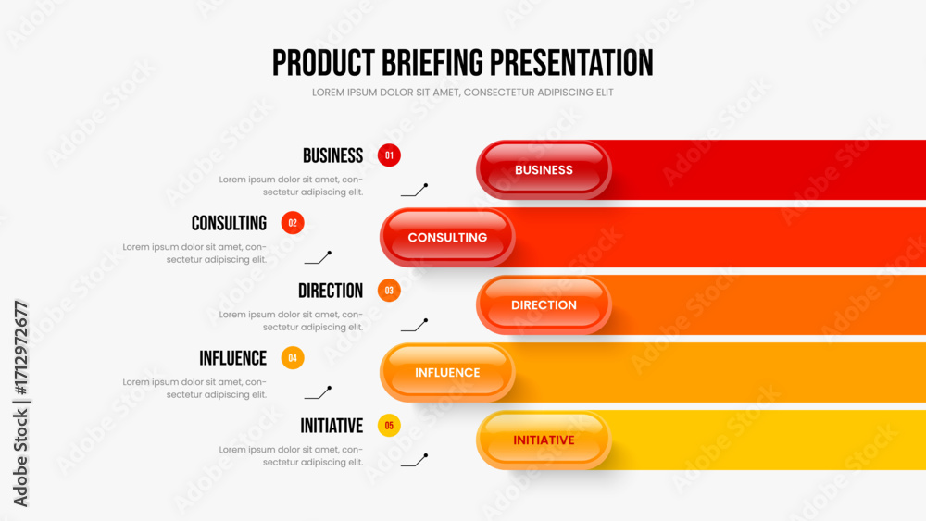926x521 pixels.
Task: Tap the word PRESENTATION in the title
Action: [x=571, y=63]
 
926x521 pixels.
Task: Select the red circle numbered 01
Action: [x=389, y=155]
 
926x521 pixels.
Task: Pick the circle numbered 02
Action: [x=293, y=223]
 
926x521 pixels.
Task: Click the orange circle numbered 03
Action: [x=389, y=291]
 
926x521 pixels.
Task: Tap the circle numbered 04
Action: [x=293, y=358]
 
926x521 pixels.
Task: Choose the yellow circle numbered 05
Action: [x=389, y=426]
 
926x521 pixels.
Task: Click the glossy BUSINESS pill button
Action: [x=544, y=170]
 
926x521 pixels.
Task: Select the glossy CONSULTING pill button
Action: [x=447, y=237]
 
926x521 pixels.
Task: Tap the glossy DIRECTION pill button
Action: [x=544, y=305]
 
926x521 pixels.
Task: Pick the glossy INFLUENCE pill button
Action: [x=447, y=372]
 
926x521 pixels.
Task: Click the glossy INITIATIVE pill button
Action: [x=544, y=440]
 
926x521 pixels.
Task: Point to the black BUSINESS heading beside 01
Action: [x=333, y=155]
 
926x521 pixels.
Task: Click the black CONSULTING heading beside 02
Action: [x=229, y=223]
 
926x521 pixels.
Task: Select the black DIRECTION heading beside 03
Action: [x=331, y=291]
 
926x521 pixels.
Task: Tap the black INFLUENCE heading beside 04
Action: [x=232, y=358]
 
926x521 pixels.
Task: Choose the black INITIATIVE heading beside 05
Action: [x=332, y=426]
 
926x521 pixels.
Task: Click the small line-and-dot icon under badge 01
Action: [x=415, y=190]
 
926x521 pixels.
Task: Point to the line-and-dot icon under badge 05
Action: [x=415, y=460]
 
